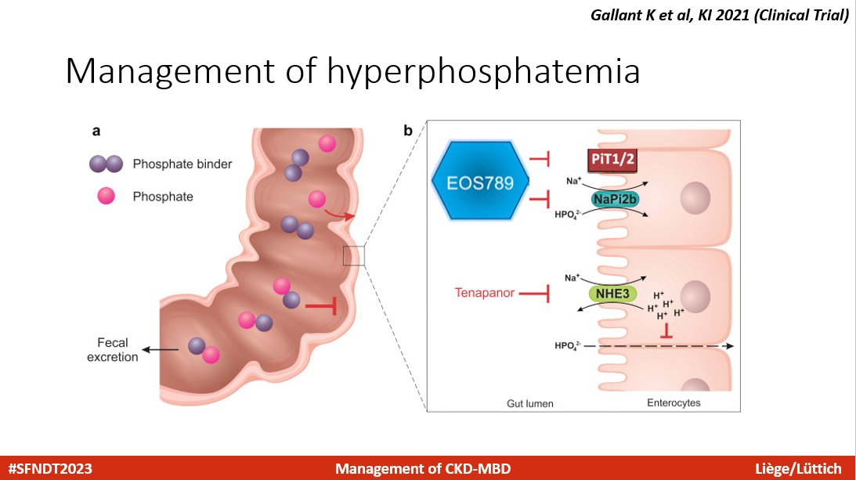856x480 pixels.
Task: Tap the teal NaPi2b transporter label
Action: pyautogui.click(x=615, y=199)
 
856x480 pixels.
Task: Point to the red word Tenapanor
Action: pyautogui.click(x=485, y=293)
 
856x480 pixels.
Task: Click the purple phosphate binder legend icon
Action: pyautogui.click(x=106, y=164)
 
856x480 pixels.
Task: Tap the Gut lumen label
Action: pyautogui.click(x=530, y=403)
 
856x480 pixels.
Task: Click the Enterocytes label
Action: pyautogui.click(x=674, y=403)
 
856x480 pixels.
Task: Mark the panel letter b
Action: pyautogui.click(x=409, y=131)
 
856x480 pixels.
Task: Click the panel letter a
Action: pyautogui.click(x=95, y=131)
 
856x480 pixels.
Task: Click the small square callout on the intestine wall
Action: pyautogui.click(x=354, y=254)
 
